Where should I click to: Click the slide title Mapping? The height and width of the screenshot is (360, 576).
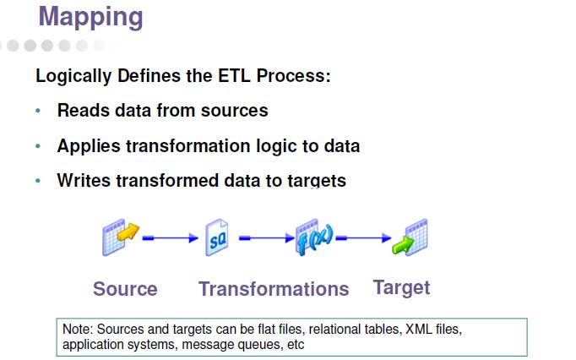[90, 17]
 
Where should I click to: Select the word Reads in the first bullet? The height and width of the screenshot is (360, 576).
[82, 111]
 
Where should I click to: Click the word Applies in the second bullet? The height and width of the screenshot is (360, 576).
[89, 146]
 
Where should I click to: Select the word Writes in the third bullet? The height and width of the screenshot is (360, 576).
[84, 181]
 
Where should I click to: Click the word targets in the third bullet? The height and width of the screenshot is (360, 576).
[313, 181]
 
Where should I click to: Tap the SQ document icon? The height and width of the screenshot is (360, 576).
[217, 239]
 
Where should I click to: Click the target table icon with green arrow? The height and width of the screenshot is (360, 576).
[410, 238]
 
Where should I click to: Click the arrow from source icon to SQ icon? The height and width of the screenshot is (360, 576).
[170, 239]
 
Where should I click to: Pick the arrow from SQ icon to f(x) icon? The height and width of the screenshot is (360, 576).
[265, 239]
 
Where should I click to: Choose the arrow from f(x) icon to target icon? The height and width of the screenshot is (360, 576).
[363, 239]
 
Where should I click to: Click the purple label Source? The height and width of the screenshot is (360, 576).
[125, 289]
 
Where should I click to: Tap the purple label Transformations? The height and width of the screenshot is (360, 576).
[274, 289]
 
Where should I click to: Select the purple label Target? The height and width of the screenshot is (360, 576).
[401, 287]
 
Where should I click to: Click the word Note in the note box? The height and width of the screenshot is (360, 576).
[75, 329]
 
